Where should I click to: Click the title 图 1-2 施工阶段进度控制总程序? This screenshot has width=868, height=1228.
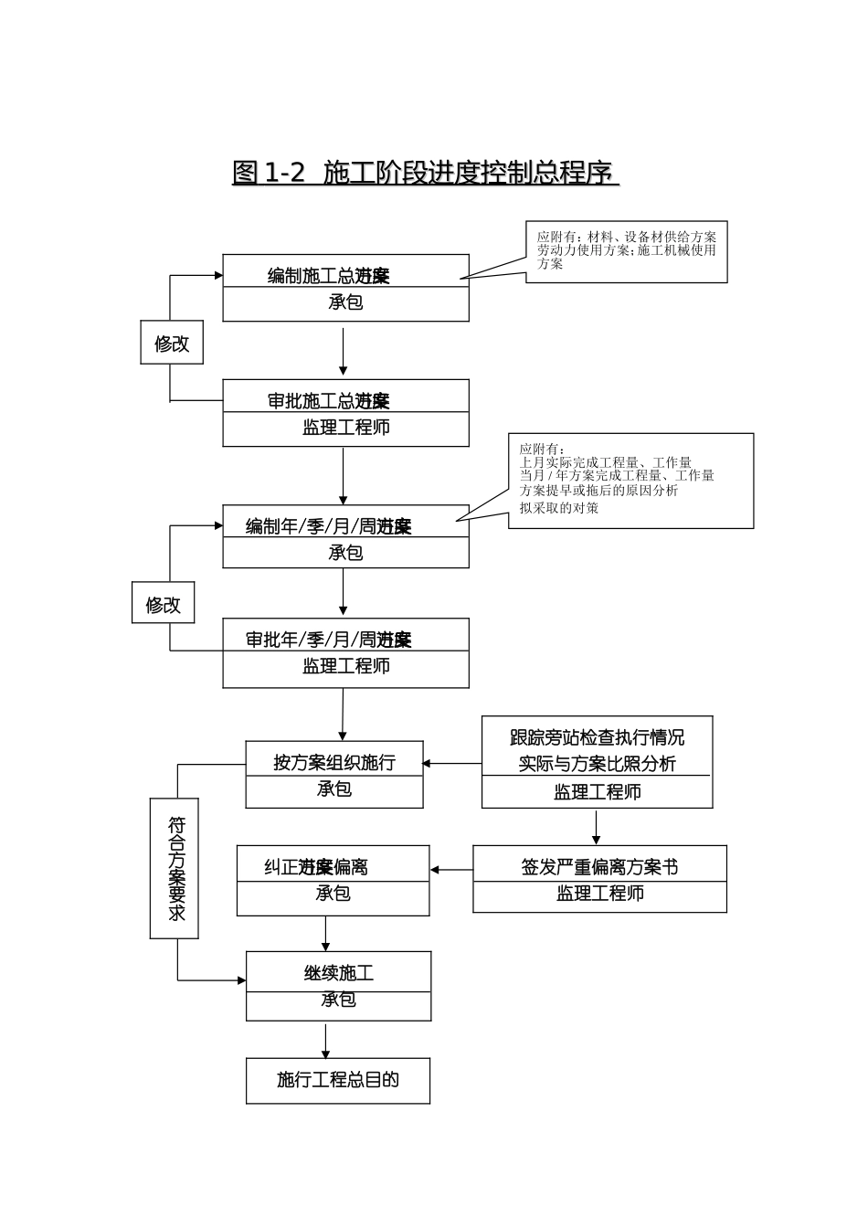(x=426, y=172)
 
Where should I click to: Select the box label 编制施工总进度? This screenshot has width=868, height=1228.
(x=329, y=275)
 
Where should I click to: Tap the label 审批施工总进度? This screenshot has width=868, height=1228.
(x=329, y=400)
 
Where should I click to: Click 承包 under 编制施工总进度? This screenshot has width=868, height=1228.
(x=345, y=302)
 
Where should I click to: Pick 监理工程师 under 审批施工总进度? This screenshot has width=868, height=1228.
(x=345, y=428)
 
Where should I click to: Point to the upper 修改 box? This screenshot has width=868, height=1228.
(x=172, y=344)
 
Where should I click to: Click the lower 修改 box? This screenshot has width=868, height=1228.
(x=164, y=605)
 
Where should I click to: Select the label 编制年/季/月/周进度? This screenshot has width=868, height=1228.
(x=329, y=526)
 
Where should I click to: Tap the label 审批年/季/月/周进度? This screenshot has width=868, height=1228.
(x=329, y=640)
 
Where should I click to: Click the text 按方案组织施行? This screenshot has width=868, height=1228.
(x=334, y=762)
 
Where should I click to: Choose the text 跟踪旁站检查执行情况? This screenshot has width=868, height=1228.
(x=597, y=737)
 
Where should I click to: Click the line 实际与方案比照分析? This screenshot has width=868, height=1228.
(x=597, y=764)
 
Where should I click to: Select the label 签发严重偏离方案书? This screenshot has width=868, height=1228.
(x=599, y=867)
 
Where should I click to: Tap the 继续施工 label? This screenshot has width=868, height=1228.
(x=338, y=973)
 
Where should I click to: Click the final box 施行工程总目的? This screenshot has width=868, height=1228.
(x=338, y=1080)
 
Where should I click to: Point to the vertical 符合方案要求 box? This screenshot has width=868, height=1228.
(x=175, y=868)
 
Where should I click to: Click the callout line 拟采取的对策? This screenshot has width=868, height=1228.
(x=559, y=508)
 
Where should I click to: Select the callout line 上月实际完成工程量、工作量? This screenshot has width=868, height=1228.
(x=606, y=462)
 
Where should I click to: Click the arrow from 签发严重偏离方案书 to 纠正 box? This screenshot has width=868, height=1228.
(x=451, y=870)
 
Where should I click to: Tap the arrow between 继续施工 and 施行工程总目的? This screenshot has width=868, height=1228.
(x=325, y=1041)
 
